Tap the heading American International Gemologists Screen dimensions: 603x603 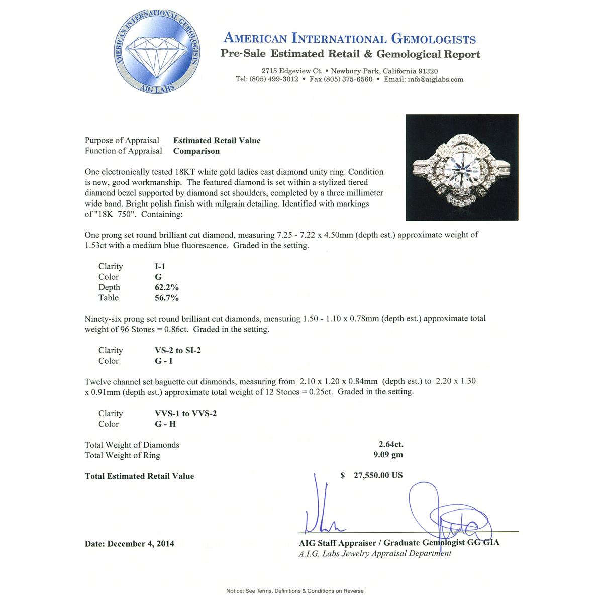349,38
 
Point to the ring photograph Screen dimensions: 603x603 462,167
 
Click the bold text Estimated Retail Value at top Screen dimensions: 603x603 217,141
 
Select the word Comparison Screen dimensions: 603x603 196,151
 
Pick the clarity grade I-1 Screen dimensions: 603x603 160,267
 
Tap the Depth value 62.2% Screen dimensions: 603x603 167,288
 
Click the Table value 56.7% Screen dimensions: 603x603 167,298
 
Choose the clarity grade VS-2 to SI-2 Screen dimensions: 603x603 178,351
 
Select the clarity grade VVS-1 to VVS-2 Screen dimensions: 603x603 185,414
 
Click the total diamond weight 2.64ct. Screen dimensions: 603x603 391,445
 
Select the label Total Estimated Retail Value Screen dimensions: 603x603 139,476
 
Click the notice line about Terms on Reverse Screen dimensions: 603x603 295,591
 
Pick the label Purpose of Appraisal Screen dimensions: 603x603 122,141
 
